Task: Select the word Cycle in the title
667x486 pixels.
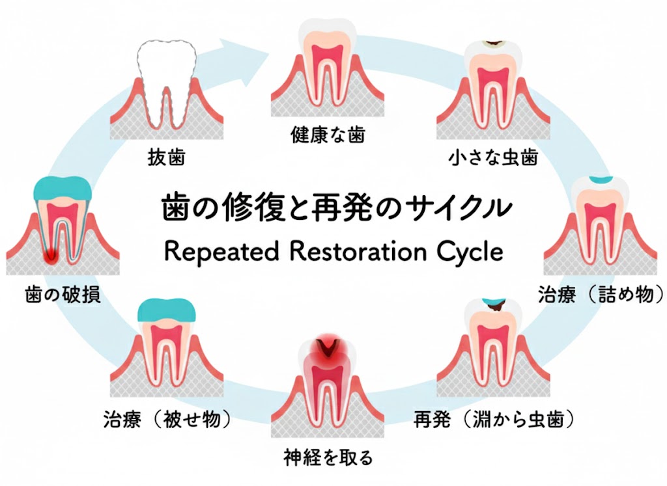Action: [x=468, y=251]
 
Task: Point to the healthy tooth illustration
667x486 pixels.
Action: [x=328, y=65]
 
